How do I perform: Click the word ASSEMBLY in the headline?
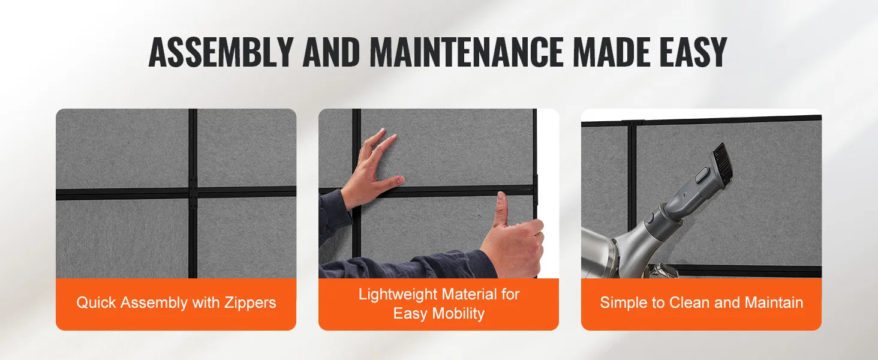[221, 52]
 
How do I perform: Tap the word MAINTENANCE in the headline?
[467, 52]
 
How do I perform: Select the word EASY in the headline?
[693, 52]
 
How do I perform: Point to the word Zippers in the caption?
[250, 303]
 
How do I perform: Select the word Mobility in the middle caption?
[458, 314]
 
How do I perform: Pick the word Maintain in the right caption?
[774, 303]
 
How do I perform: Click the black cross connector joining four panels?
[193, 192]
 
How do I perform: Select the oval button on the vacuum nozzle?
[701, 175]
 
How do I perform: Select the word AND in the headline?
[331, 52]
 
